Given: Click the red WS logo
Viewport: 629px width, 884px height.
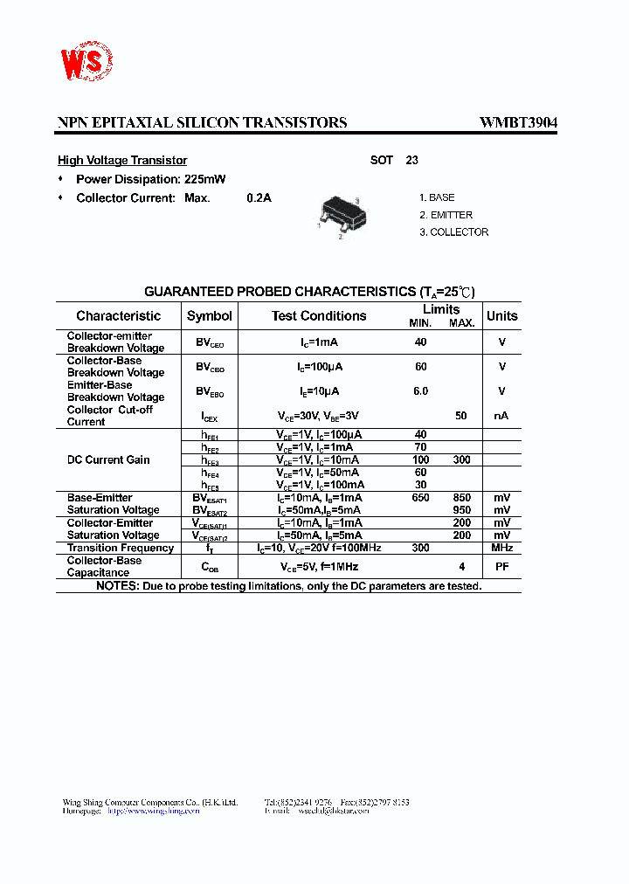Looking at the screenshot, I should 86,64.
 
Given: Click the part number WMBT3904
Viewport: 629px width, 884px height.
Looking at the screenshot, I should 518,123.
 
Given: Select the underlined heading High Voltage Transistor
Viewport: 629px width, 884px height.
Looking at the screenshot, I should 122,161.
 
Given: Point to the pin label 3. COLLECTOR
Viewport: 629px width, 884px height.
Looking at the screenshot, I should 453,232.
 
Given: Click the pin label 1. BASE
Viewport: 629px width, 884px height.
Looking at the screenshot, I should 437,198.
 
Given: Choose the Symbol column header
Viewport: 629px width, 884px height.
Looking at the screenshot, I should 210,316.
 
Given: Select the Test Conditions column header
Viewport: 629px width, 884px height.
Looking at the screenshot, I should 319,316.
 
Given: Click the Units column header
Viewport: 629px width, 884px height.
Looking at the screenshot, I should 501,316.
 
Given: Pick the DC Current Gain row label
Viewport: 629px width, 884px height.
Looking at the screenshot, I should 108,459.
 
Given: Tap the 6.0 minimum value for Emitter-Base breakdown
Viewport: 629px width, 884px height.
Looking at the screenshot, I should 420,391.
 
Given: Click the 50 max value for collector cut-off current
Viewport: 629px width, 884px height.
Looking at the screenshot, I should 461,416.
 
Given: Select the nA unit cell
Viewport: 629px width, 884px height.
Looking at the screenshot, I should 501,416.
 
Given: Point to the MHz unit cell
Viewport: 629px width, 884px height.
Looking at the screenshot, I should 501,548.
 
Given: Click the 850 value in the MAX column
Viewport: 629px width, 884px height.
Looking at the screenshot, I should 461,498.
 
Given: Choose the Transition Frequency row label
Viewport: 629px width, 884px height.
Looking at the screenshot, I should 121,548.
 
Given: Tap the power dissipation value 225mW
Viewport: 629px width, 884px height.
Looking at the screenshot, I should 205,180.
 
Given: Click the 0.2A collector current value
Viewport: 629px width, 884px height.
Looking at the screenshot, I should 259,198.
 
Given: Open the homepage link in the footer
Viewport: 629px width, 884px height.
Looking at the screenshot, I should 153,811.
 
